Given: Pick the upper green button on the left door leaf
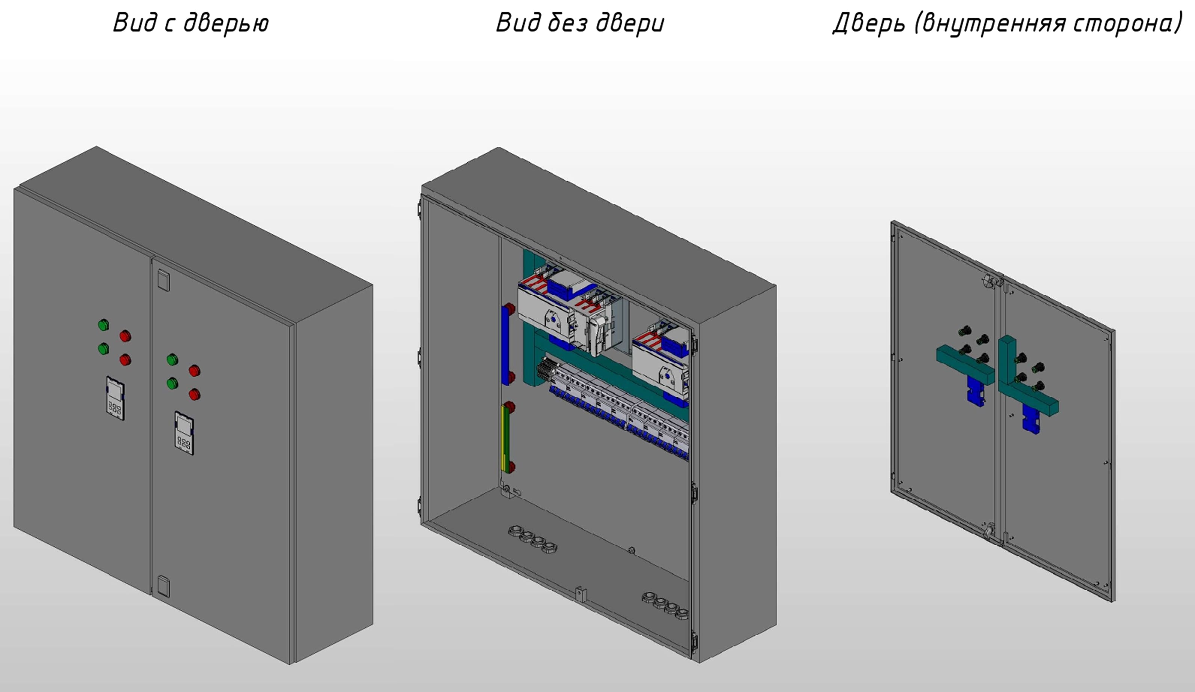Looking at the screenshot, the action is (103, 325).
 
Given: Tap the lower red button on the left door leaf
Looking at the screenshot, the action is (125, 360).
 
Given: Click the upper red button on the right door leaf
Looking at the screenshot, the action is (195, 370).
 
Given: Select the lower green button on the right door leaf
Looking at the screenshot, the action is (172, 383).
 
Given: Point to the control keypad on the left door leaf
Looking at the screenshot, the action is (115, 398).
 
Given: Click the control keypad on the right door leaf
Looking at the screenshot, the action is (184, 433).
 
